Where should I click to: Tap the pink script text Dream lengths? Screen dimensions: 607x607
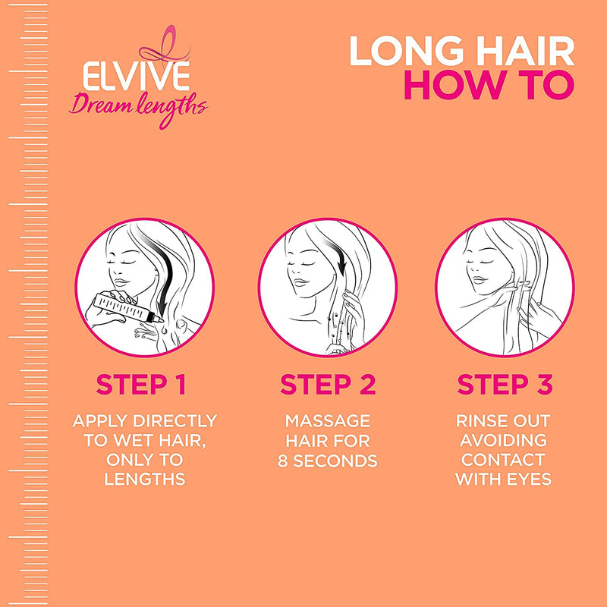pos(138,105)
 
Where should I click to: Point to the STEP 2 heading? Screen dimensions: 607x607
pos(328,385)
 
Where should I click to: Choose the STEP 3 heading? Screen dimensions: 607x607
pos(504,385)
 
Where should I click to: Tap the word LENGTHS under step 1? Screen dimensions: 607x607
pos(144,480)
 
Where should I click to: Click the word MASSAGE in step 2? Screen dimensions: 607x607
pos(328,420)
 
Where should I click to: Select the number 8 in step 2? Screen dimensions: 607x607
pos(284,460)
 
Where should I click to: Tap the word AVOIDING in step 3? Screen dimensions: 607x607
pos(504,440)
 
